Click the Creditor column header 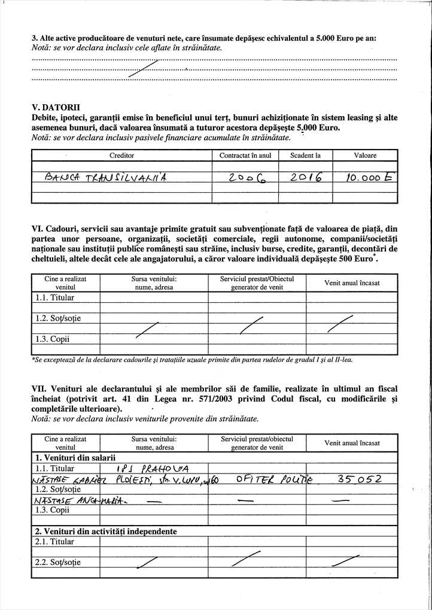coord(121,156)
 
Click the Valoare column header coord(365,156)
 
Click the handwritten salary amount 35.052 coord(359,478)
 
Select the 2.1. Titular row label coord(54,542)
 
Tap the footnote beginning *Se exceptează coord(191,360)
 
